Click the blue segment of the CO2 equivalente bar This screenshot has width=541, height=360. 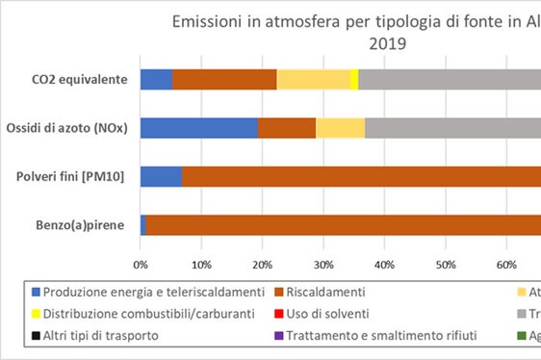click(x=156, y=80)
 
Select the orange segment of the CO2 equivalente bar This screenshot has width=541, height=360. click(x=224, y=80)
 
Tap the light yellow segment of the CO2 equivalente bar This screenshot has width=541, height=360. click(x=313, y=80)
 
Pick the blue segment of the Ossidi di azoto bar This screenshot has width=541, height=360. click(x=198, y=128)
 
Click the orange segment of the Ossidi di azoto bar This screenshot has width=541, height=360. click(x=287, y=128)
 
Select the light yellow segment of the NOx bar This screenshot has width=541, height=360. click(x=340, y=128)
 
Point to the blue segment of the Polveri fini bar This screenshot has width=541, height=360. click(x=161, y=177)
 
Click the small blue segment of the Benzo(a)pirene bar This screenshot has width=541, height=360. click(x=143, y=225)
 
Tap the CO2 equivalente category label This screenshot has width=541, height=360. click(x=80, y=80)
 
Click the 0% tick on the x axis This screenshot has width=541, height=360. click(x=141, y=262)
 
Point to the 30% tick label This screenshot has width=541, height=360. click(x=323, y=262)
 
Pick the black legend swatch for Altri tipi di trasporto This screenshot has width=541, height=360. click(x=37, y=337)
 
